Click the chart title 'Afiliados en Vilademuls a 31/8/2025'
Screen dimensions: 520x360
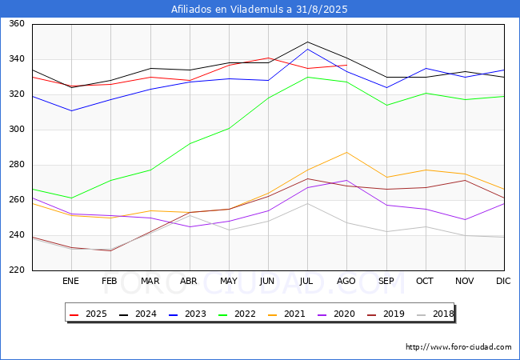pos(259,10)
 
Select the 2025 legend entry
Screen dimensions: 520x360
pos(88,314)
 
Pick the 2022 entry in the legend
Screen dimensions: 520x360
pos(237,314)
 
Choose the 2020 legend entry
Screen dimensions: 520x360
pos(336,314)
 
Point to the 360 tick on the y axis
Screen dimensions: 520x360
pos(17,23)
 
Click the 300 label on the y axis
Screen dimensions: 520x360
pos(17,130)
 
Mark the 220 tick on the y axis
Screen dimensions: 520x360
pos(17,270)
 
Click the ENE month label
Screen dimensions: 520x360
pos(70,281)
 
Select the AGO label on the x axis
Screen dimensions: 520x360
pos(346,281)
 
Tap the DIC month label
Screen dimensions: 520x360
pos(503,281)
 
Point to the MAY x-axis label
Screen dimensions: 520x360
pos(229,281)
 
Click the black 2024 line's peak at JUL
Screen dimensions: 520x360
pos(307,42)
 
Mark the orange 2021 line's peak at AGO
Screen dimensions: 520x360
pos(347,153)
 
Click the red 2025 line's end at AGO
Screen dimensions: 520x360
pos(347,65)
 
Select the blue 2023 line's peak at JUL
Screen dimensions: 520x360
pos(307,49)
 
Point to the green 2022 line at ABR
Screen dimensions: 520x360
pos(190,144)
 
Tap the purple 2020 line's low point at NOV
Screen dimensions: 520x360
pos(466,219)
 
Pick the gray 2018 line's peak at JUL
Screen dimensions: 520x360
pos(307,203)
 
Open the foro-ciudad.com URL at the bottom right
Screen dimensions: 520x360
pos(458,347)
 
